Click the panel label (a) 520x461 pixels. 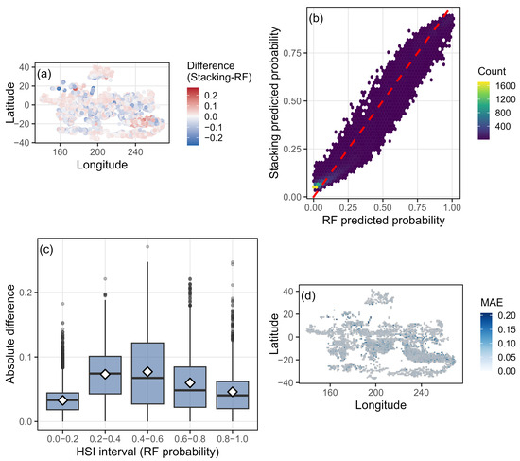pyautogui.click(x=44, y=74)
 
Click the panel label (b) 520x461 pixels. pyautogui.click(x=316, y=19)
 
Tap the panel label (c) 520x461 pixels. pyautogui.click(x=46, y=249)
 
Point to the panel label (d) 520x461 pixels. pyautogui.click(x=308, y=295)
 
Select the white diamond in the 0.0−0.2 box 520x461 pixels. pyautogui.click(x=62, y=400)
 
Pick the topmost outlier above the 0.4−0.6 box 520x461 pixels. pyautogui.click(x=147, y=247)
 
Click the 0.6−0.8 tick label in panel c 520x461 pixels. pyautogui.click(x=190, y=439)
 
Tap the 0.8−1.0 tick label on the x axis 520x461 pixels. pyautogui.click(x=233, y=439)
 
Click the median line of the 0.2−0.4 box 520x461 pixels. pyautogui.click(x=105, y=374)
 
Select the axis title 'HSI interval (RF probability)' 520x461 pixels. pyautogui.click(x=147, y=452)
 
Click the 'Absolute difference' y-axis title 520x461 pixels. pyautogui.click(x=10, y=334)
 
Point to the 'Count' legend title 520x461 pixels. pyautogui.click(x=492, y=71)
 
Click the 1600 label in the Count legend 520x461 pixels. pyautogui.click(x=506, y=86)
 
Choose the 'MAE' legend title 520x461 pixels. pyautogui.click(x=492, y=302)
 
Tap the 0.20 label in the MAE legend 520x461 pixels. pyautogui.click(x=507, y=315)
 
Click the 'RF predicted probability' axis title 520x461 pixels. pyautogui.click(x=383, y=221)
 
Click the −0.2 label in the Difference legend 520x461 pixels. pyautogui.click(x=214, y=138)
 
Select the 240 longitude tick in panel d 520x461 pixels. pyautogui.click(x=421, y=393)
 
